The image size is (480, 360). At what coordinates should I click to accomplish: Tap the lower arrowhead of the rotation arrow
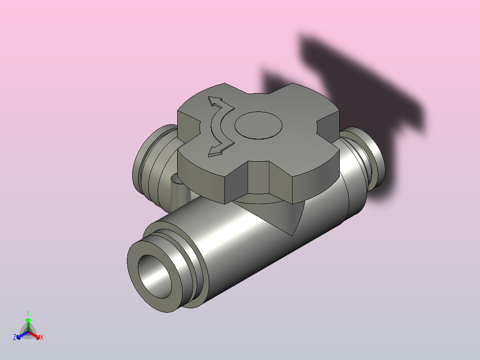pyautogui.click(x=215, y=151)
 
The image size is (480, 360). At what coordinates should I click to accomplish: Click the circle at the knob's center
pyautogui.click(x=258, y=125)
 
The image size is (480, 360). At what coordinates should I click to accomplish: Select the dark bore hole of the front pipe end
pyautogui.click(x=155, y=277)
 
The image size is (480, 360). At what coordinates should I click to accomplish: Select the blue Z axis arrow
pyautogui.click(x=22, y=335)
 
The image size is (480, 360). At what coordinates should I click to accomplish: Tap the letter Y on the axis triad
pyautogui.click(x=28, y=314)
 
